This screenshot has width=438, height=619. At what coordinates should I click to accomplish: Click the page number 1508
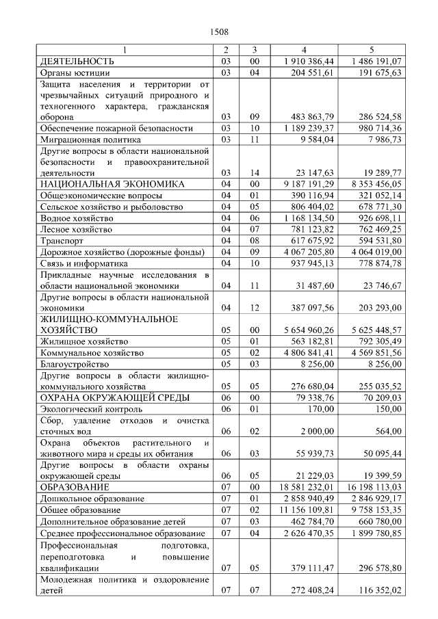219,31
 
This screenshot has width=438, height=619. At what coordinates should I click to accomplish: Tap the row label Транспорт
62,241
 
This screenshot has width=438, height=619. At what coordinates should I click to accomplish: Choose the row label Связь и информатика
84,263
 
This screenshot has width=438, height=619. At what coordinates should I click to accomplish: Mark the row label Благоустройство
75,364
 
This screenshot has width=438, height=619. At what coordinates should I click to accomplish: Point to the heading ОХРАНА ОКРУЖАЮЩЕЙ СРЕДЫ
115,397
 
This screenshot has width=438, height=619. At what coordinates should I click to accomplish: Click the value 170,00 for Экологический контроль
321,408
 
